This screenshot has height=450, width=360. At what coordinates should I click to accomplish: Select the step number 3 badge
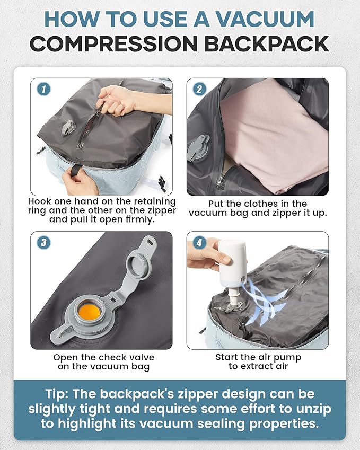click(43, 243)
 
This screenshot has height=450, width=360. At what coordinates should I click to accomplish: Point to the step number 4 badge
click(199, 243)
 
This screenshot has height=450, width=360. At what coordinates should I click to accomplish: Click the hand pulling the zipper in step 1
click(118, 99)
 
